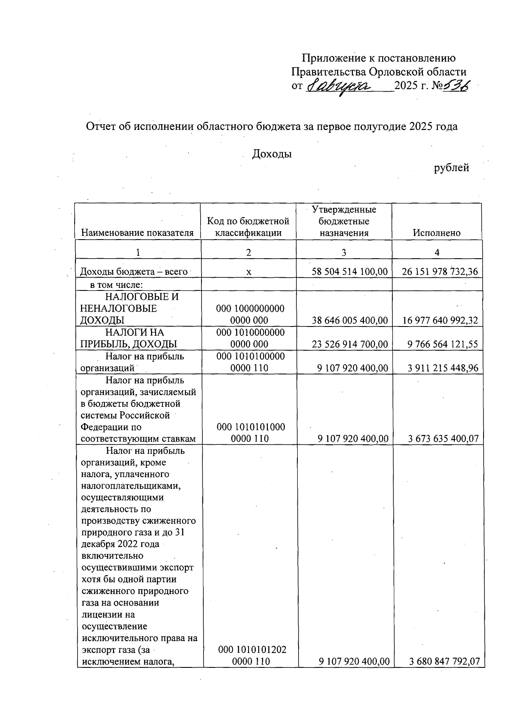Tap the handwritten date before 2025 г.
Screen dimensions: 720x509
(x=338, y=87)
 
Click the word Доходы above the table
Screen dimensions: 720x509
(x=272, y=154)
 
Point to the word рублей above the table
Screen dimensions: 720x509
(x=451, y=168)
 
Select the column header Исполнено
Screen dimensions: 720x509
(x=436, y=233)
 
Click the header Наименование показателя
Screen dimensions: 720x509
(x=137, y=233)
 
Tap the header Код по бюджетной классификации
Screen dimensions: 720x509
(x=248, y=227)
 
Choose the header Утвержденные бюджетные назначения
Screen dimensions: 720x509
(x=344, y=221)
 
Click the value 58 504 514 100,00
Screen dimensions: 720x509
(x=350, y=272)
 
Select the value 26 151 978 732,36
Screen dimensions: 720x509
(x=439, y=272)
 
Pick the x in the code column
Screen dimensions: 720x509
(x=249, y=272)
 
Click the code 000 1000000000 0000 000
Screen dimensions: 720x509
(x=250, y=314)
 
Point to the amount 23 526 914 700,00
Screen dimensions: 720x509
(x=350, y=344)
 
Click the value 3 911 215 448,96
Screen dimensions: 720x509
(x=443, y=368)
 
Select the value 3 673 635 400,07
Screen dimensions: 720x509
(x=443, y=439)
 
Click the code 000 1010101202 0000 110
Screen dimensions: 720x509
(x=252, y=655)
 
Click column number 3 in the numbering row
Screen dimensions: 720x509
(x=344, y=252)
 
